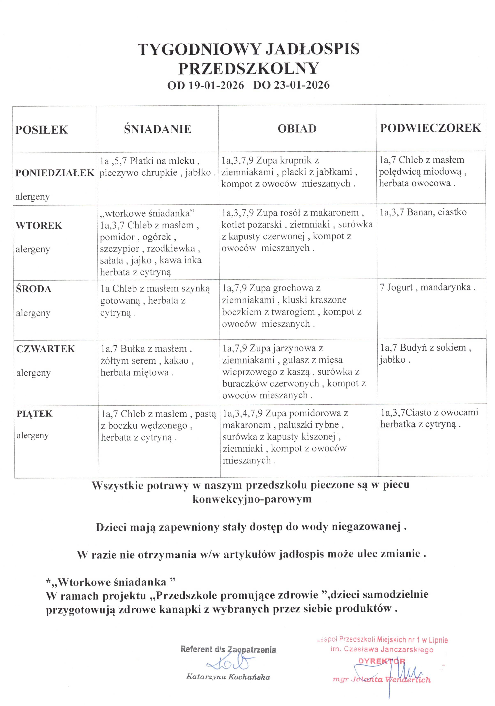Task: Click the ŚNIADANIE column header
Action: point(158,129)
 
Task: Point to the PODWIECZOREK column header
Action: point(430,128)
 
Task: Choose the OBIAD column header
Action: point(297,129)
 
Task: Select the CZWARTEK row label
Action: point(46,349)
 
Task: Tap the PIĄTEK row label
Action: point(35,413)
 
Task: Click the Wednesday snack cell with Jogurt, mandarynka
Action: point(428,288)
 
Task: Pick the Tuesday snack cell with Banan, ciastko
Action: point(423,212)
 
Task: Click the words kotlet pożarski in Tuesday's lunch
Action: point(251,225)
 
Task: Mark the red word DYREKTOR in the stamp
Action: point(382,661)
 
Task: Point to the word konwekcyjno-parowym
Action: point(252,499)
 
